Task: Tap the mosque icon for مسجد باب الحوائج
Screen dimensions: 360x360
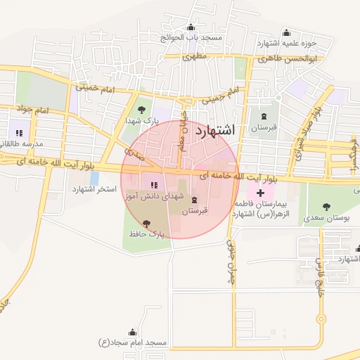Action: click(x=191, y=27)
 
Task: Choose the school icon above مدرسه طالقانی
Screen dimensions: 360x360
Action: click(x=18, y=132)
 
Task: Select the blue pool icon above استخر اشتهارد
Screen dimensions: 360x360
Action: click(x=94, y=178)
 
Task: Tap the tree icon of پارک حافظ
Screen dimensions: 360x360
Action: click(x=146, y=223)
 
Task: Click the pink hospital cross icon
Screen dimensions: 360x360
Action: click(x=260, y=192)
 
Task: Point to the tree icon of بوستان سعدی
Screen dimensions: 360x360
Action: click(x=326, y=207)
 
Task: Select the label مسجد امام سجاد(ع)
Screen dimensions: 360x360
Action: click(x=133, y=342)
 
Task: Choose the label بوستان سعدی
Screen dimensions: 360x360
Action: click(x=326, y=219)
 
